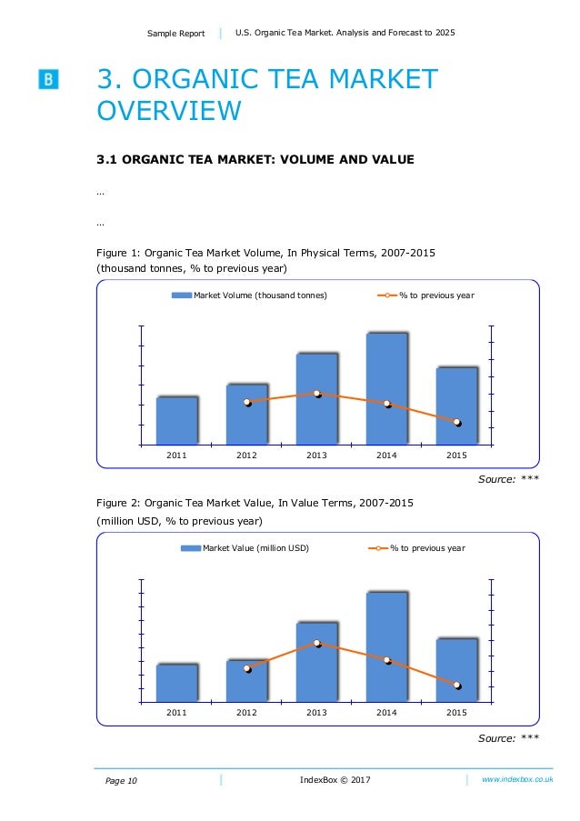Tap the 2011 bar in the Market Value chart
click(177, 683)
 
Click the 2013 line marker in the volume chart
click(317, 394)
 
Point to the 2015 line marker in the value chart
click(457, 685)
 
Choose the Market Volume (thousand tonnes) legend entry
click(250, 295)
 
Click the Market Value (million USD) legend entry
click(245, 548)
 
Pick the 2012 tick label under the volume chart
click(246, 455)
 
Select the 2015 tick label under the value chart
click(456, 712)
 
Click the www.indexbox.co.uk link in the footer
click(517, 780)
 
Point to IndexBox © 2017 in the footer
click(335, 780)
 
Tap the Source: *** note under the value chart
click(508, 738)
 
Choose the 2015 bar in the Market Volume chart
click(456, 406)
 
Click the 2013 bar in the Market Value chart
click(317, 662)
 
